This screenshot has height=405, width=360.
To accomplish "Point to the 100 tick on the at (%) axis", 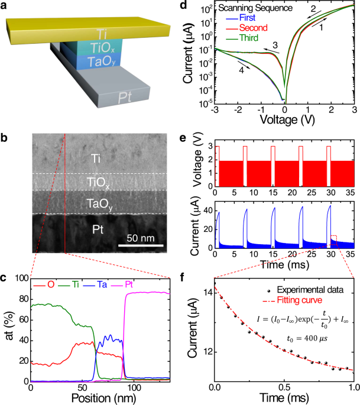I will [x=21, y=277].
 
